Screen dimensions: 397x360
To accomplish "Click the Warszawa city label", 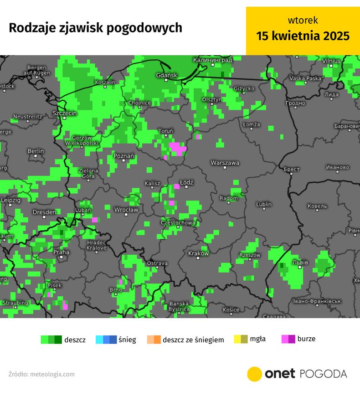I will point(225,163).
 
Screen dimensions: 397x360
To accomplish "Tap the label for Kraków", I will point(198,253).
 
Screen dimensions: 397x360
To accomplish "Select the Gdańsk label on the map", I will point(166,75).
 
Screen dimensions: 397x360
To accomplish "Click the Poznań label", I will point(123,156).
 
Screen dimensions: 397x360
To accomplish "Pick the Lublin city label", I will point(264,205).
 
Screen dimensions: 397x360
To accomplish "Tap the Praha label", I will point(62,252).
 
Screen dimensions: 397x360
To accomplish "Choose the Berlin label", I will point(36,151).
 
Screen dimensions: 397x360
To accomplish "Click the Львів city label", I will point(300,263).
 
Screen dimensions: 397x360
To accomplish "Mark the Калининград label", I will point(212,60).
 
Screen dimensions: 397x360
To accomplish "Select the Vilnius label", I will point(331,61).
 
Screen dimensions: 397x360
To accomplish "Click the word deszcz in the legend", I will point(75,340).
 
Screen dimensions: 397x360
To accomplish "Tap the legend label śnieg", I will point(127,340).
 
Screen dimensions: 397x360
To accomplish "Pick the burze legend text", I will point(306,339).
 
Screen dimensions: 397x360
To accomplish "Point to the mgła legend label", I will point(258,339).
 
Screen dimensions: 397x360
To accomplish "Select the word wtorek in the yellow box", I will point(303,20).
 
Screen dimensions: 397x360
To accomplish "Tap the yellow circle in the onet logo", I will point(254,374).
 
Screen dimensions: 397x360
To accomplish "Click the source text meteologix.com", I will point(52,374).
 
